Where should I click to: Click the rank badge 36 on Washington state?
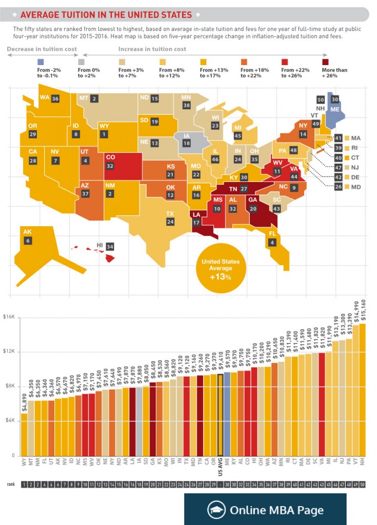55,98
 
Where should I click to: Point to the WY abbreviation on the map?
104,126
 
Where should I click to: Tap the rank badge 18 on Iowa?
187,145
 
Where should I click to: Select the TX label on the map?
169,213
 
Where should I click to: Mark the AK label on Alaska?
28,232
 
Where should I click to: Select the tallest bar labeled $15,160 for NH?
363,390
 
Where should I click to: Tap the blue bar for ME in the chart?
227,415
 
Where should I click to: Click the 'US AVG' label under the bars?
220,468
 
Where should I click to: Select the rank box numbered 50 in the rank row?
363,484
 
